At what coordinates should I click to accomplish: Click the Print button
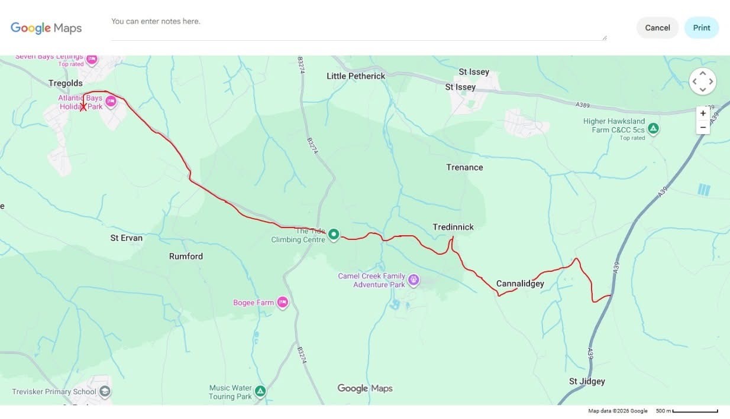pyautogui.click(x=701, y=28)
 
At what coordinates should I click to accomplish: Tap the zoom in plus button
pyautogui.click(x=703, y=113)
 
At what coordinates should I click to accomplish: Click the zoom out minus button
pyautogui.click(x=703, y=127)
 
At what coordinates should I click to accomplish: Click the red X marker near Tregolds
pyautogui.click(x=83, y=106)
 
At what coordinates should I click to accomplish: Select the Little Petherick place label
pyautogui.click(x=356, y=76)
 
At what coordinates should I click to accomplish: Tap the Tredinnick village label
pyautogui.click(x=453, y=227)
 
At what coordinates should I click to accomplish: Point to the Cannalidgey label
pyautogui.click(x=520, y=284)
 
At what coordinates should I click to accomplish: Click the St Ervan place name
pyautogui.click(x=127, y=238)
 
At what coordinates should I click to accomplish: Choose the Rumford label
pyautogui.click(x=186, y=256)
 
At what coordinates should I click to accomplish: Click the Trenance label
pyautogui.click(x=464, y=167)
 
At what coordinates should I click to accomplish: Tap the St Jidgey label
pyautogui.click(x=587, y=381)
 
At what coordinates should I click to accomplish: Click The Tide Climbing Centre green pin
pyautogui.click(x=334, y=235)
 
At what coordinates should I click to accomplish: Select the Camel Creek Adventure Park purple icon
pyautogui.click(x=414, y=280)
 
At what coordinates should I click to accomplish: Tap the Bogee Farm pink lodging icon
pyautogui.click(x=282, y=302)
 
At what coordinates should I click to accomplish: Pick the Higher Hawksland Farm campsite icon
pyautogui.click(x=653, y=128)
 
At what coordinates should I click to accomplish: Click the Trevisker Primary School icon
pyautogui.click(x=105, y=391)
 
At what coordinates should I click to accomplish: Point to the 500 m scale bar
pyautogui.click(x=695, y=411)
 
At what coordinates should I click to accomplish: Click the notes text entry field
pyautogui.click(x=358, y=28)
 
